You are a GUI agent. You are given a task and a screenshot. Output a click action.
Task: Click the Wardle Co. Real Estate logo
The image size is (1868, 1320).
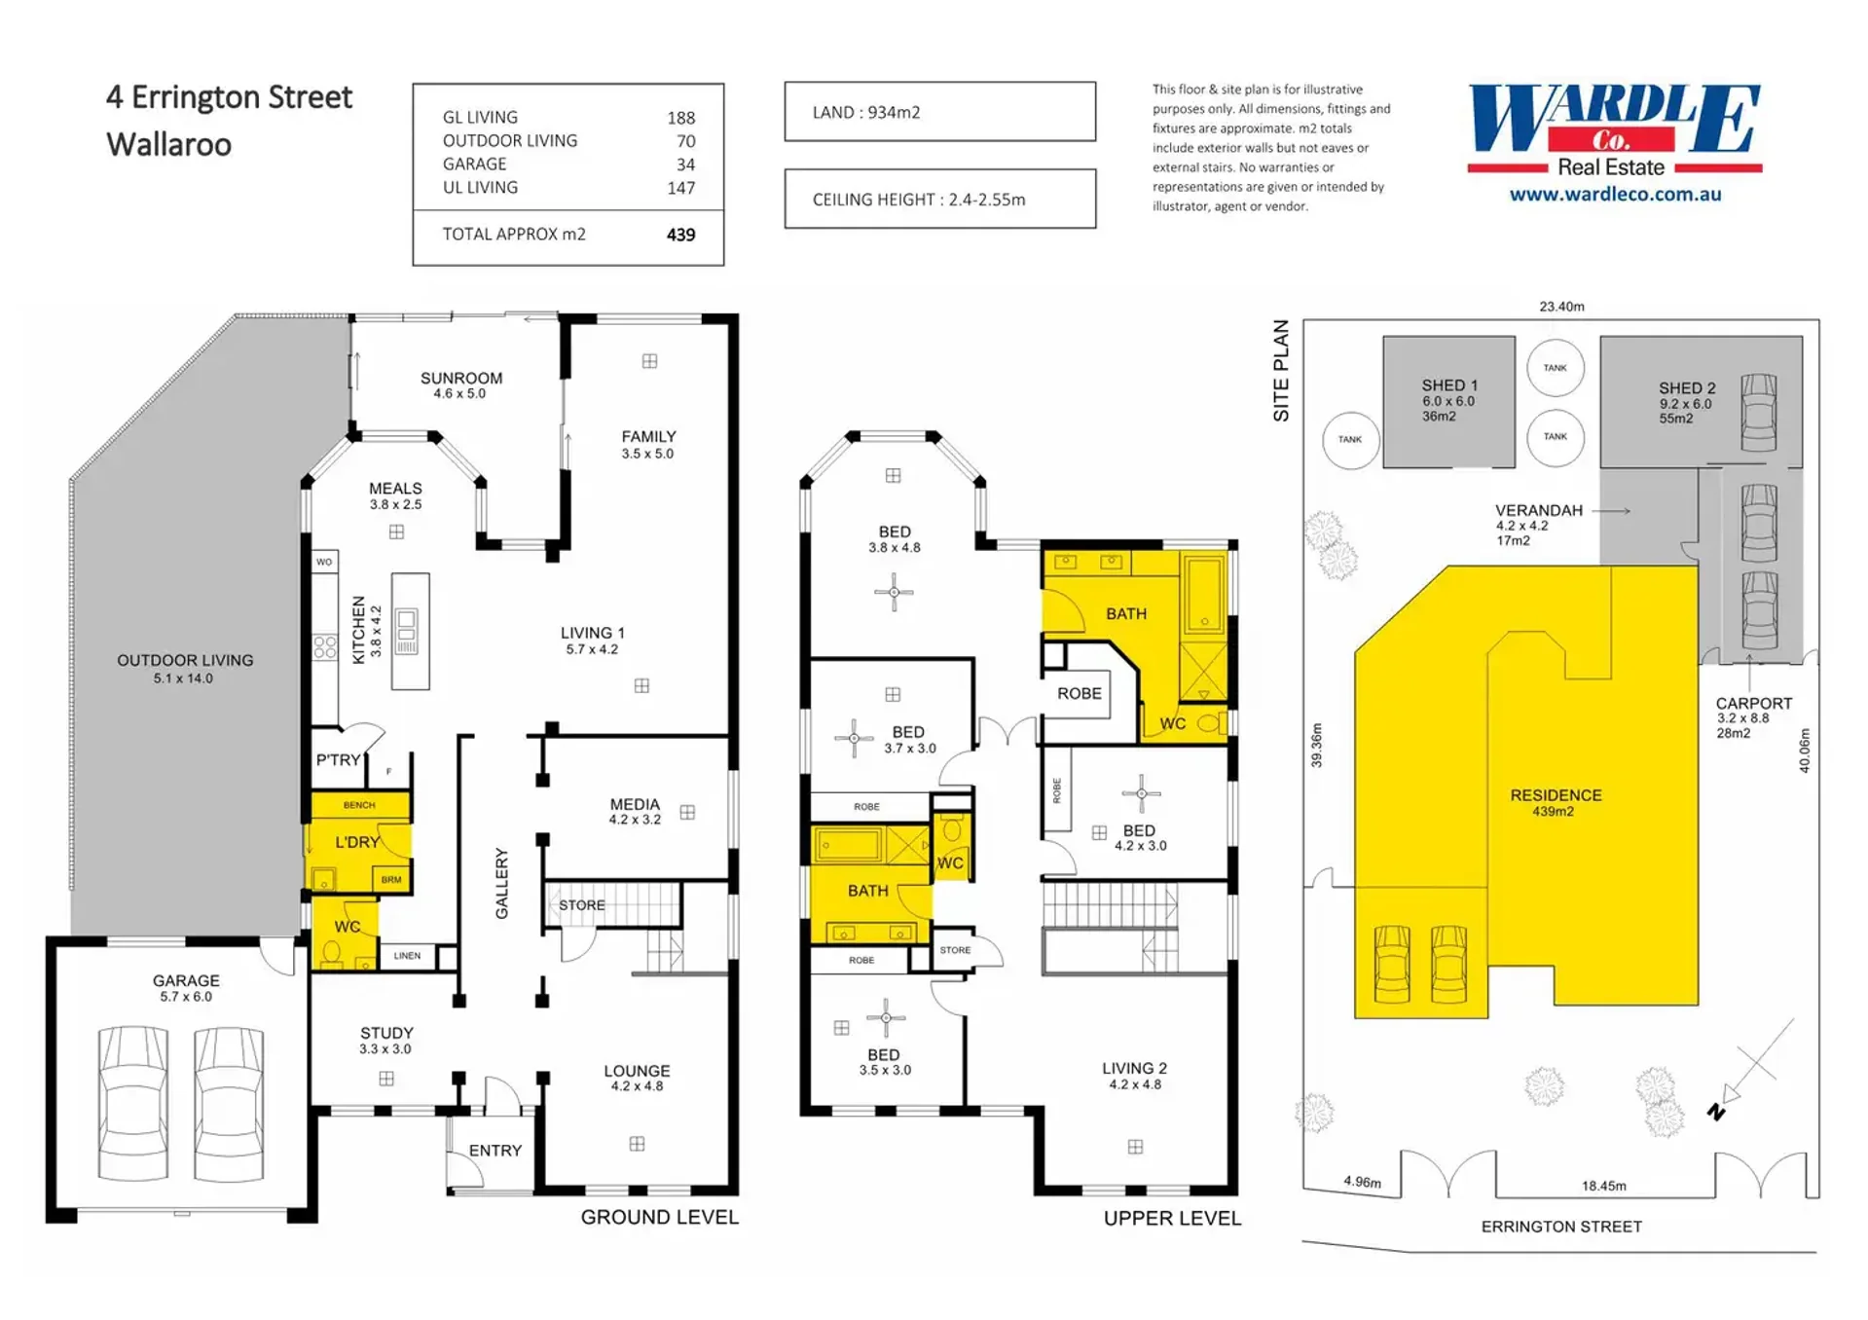(1614, 131)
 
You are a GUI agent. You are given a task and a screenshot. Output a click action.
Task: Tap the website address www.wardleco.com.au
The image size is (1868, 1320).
(1615, 194)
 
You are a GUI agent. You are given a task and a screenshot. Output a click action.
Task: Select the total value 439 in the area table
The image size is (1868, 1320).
(680, 235)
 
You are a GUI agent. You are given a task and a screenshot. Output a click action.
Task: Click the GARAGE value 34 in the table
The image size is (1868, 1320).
(685, 165)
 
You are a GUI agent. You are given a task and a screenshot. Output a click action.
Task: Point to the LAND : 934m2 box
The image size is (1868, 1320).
(939, 112)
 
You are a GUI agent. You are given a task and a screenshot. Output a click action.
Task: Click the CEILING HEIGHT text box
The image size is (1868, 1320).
(939, 199)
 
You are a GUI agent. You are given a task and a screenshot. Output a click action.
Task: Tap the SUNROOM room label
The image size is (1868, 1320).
(461, 378)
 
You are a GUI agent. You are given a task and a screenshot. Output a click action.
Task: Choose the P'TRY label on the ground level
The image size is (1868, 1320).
(338, 759)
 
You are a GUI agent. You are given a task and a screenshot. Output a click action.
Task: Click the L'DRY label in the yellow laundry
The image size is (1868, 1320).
(357, 842)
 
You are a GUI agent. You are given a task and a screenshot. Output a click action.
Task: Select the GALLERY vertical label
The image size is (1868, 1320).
(501, 883)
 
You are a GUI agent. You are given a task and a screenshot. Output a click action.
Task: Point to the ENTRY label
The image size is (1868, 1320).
(495, 1151)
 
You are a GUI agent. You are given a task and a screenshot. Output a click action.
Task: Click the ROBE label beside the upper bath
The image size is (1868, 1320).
(1080, 693)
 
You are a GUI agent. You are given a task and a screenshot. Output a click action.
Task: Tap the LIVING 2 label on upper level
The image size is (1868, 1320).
(1134, 1068)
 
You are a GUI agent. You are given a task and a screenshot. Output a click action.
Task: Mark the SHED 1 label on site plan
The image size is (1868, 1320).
(1449, 385)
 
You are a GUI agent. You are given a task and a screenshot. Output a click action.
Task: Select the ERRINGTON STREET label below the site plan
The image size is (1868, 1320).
(1561, 1227)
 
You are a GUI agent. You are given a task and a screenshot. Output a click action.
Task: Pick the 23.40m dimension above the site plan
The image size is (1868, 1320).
(1561, 307)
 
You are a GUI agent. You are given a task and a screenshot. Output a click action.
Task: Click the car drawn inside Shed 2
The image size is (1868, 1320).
(1758, 412)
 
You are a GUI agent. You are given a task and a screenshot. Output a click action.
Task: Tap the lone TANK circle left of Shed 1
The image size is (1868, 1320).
(1350, 440)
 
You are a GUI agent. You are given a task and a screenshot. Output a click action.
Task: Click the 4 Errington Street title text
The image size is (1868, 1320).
(229, 97)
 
